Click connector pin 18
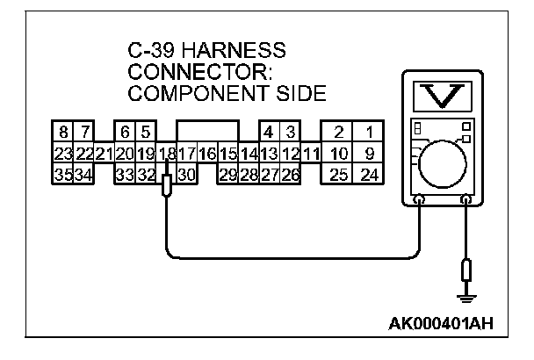pyautogui.click(x=167, y=155)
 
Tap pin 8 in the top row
pyautogui.click(x=63, y=133)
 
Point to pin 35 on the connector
pyautogui.click(x=63, y=174)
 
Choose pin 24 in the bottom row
pyautogui.click(x=370, y=174)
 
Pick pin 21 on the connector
pyautogui.click(x=104, y=155)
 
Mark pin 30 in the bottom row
pyautogui.click(x=185, y=174)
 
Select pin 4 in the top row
pyautogui.click(x=269, y=133)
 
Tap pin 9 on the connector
pyautogui.click(x=370, y=155)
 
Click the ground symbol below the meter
pyautogui.click(x=465, y=299)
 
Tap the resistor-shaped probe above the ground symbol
pyautogui.click(x=465, y=270)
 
